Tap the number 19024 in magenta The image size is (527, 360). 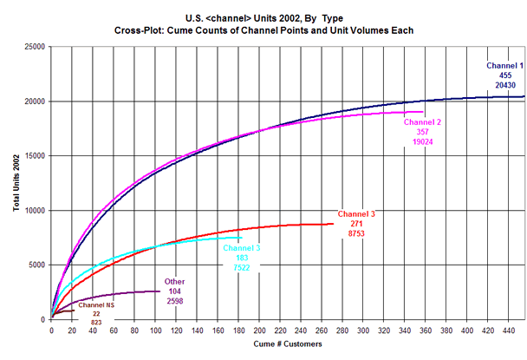click(x=423, y=141)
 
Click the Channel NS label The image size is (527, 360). click(x=96, y=305)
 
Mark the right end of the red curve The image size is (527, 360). click(x=333, y=224)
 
